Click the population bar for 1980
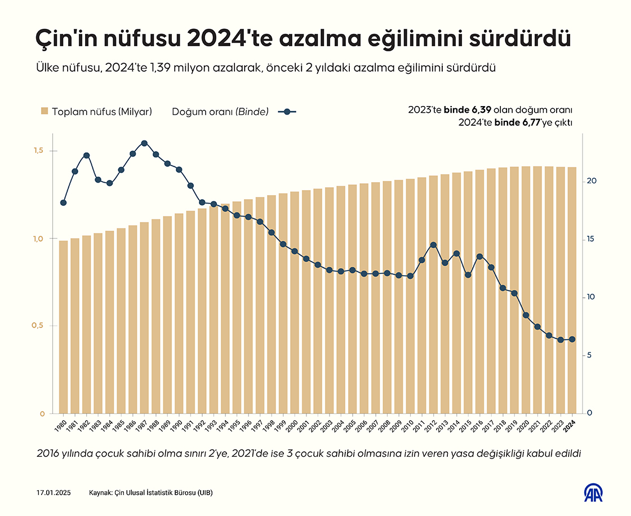coord(63,327)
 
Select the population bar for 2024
coord(572,290)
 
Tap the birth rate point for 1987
coord(144,143)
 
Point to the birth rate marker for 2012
coord(433,245)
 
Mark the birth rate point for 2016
coord(479,257)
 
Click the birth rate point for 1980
coord(63,202)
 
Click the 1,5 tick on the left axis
coord(38,151)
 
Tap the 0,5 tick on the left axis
coord(38,326)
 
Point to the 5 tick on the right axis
coord(589,355)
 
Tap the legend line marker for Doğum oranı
coord(287,111)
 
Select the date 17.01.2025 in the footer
coord(53,493)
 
